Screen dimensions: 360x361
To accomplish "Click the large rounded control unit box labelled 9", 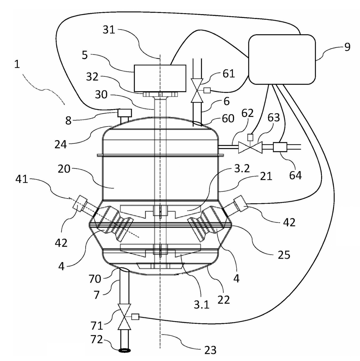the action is point(282,59).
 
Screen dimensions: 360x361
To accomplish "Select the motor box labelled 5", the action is point(160,78).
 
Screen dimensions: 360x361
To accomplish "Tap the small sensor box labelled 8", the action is point(124,113).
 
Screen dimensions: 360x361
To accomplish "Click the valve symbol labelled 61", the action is point(197,90).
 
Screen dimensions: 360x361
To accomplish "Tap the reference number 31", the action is point(109,30).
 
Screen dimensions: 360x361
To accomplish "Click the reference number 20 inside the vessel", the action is point(64,169).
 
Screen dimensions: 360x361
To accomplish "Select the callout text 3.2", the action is point(242,169).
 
